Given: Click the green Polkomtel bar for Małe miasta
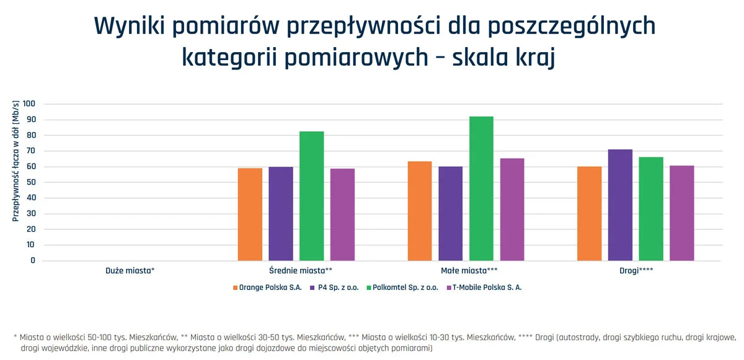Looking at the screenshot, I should click(481, 188).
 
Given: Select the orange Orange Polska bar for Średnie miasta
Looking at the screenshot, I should click(250, 214).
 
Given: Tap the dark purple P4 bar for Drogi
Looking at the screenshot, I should click(620, 205).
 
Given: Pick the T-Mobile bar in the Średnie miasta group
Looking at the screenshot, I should click(343, 214).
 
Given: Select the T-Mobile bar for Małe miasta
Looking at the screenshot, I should click(512, 209).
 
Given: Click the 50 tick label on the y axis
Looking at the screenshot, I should click(31, 182).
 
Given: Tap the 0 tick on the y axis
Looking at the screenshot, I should click(33, 260).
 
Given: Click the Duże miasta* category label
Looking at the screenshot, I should click(130, 271).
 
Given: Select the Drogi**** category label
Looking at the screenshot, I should click(635, 271).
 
